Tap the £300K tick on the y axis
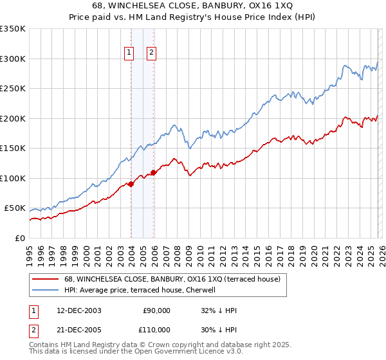pos(13,59)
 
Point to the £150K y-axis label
pos(13,148)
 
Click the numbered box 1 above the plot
pos(129,53)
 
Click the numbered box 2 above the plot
pos(152,53)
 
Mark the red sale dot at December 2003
pos(131,184)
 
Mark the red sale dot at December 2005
pos(154,172)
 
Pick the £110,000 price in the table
pos(154,329)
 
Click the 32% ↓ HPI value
pos(219,310)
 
